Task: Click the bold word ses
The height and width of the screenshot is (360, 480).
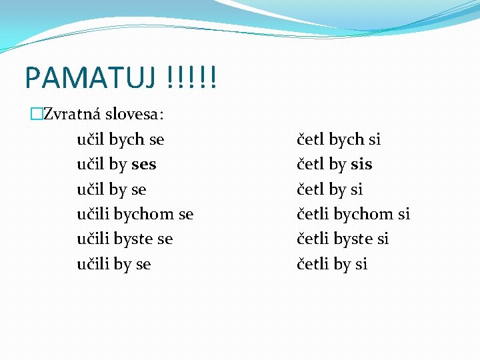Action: coord(144,165)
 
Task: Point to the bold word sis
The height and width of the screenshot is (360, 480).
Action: coord(361,165)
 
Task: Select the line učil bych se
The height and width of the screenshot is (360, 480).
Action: coord(121,139)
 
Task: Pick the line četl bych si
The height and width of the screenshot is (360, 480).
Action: coord(339,139)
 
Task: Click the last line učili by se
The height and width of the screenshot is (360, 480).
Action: coord(114,264)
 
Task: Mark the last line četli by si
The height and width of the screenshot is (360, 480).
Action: coord(332,264)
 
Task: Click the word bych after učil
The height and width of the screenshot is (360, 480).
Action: coord(127,139)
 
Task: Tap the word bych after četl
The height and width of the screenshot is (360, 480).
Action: coord(347,139)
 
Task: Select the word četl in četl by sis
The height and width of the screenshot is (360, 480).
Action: coord(311,165)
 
